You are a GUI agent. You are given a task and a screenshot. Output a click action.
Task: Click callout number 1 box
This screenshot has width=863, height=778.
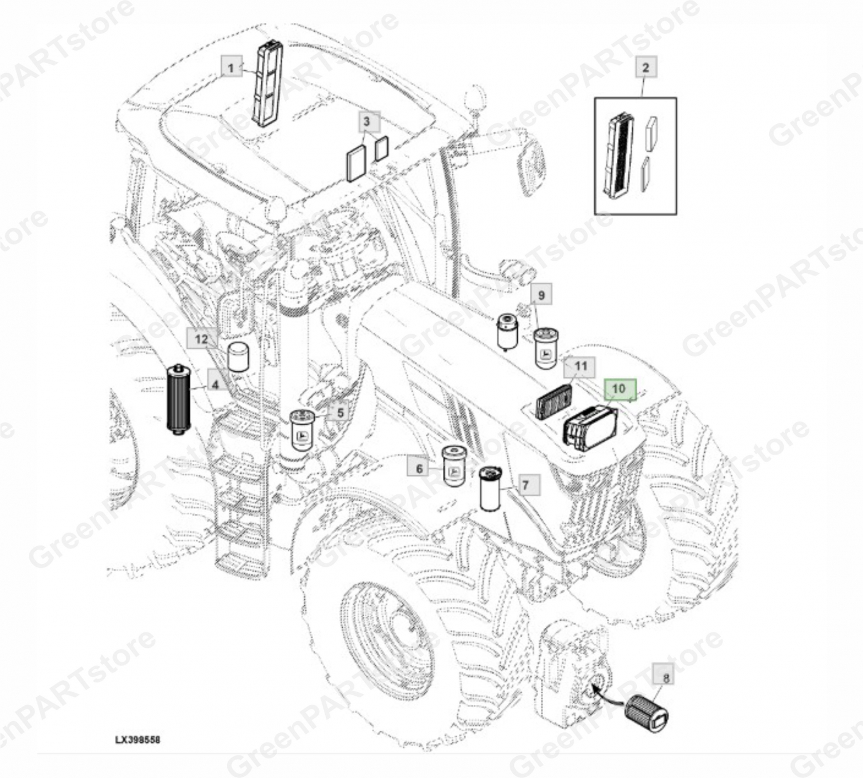(x=232, y=67)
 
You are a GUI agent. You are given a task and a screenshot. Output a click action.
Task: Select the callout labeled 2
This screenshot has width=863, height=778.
(x=646, y=67)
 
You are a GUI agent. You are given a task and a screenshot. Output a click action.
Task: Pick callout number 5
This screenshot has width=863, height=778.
(x=340, y=413)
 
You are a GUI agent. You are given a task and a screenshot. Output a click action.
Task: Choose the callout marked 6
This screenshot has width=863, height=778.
(x=419, y=468)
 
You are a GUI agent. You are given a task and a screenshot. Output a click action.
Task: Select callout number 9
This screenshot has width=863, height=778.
(x=541, y=294)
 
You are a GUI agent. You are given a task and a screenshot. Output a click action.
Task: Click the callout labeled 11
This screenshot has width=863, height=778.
(x=580, y=367)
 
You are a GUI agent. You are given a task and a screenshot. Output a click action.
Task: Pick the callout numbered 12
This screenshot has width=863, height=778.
(x=200, y=339)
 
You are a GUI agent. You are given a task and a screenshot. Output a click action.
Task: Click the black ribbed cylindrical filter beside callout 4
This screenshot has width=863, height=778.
(x=179, y=398)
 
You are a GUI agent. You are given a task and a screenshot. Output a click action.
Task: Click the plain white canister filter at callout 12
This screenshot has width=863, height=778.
(x=238, y=357)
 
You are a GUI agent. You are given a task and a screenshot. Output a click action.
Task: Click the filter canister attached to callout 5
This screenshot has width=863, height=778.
(x=303, y=431)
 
